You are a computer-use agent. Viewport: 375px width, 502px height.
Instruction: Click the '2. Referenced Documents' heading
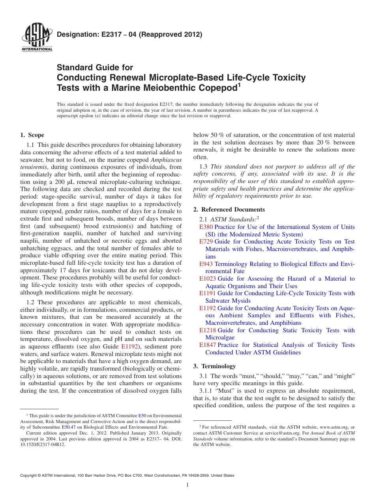(229, 210)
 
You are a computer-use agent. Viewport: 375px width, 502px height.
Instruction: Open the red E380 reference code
(206, 227)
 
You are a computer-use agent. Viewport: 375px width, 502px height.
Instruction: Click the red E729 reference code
(206, 242)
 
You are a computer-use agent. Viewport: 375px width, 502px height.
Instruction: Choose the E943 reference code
(206, 264)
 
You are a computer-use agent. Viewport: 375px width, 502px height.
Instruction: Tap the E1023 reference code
(208, 279)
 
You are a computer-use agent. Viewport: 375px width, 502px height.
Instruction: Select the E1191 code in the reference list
(208, 293)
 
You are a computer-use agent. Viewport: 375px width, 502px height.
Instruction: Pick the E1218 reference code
(208, 330)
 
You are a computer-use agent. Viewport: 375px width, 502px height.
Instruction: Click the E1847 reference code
(208, 345)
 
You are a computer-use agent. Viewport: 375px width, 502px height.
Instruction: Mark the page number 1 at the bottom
(187, 485)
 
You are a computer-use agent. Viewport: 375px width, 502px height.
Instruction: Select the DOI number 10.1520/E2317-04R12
(42, 444)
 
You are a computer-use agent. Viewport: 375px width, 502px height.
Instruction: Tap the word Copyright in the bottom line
(30, 476)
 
